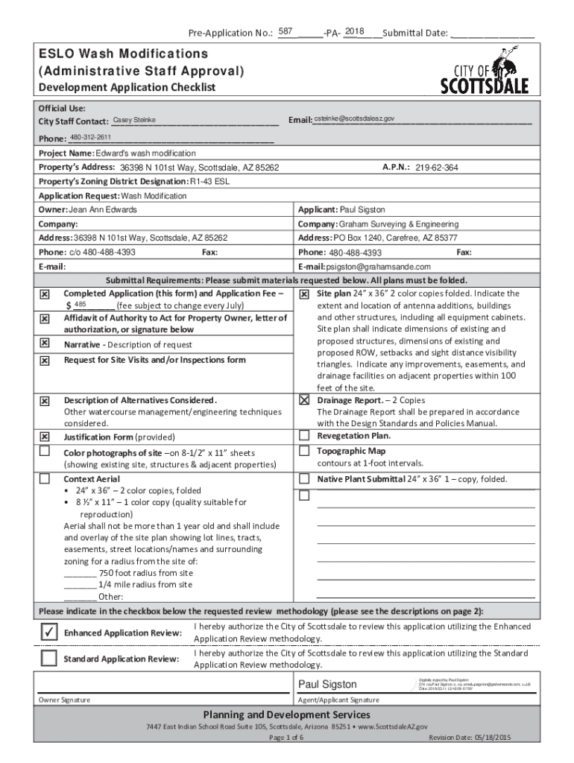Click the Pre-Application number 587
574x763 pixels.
click(285, 31)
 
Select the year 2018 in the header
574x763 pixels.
click(354, 31)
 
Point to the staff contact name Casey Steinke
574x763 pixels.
click(134, 120)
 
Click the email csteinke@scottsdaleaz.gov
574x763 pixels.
click(354, 119)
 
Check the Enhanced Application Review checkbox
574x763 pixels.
click(48, 632)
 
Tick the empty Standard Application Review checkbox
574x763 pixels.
click(48, 658)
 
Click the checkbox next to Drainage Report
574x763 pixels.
click(304, 400)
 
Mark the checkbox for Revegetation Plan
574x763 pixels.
click(304, 435)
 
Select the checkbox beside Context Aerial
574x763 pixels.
click(45, 478)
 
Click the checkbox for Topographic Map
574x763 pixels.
click(304, 451)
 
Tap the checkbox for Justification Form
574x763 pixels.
click(45, 437)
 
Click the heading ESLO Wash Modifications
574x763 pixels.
click(123, 54)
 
